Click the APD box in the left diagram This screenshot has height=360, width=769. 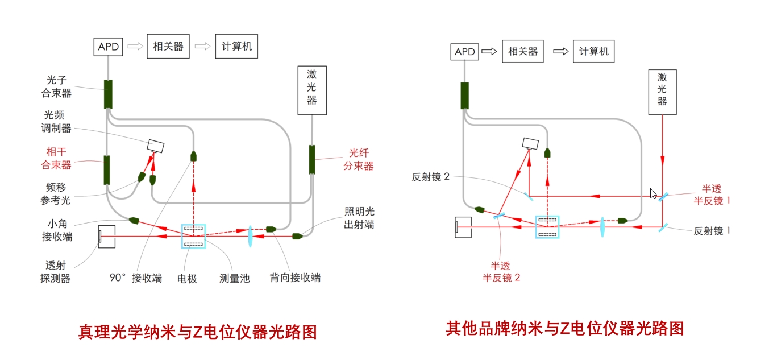point(108,47)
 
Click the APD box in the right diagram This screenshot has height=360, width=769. point(465,52)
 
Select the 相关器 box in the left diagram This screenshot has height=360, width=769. point(168,47)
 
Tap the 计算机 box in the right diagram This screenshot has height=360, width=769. point(593,52)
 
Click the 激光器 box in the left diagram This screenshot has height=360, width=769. point(312,90)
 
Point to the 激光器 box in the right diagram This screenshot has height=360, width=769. point(662,92)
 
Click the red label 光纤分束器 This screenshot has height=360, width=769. point(361,159)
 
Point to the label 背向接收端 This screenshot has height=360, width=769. point(295,278)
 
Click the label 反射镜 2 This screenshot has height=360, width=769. point(431,176)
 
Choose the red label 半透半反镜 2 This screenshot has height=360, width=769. point(501,271)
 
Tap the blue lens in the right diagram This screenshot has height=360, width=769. point(602,226)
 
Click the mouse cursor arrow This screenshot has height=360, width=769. point(654,193)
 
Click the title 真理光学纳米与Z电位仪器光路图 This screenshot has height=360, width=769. point(197,332)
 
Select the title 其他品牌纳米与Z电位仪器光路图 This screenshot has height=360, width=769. point(564,328)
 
